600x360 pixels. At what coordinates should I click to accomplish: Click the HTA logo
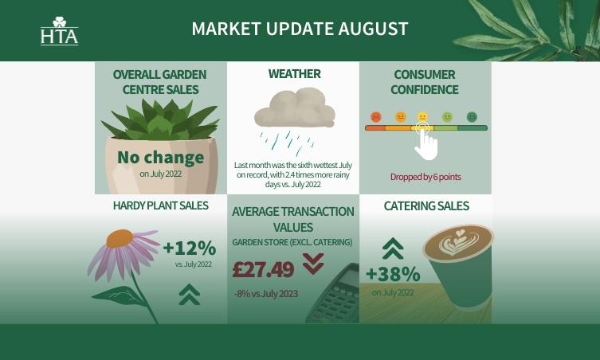(x=59, y=31)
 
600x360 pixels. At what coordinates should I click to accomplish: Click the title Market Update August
(x=300, y=29)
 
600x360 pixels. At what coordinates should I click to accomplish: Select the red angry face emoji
(x=376, y=116)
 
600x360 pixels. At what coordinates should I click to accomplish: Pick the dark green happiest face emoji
(x=472, y=116)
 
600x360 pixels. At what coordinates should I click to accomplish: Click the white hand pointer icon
(x=426, y=143)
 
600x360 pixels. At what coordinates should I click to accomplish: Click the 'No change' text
(x=160, y=157)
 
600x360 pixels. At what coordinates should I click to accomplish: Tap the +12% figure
(x=189, y=247)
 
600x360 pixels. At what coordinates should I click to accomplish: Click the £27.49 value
(x=263, y=269)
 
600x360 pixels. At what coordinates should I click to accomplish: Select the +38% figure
(x=392, y=274)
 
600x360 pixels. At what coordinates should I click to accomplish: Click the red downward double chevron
(x=313, y=263)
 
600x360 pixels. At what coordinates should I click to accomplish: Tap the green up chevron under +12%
(x=189, y=295)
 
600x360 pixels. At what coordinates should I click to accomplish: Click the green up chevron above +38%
(x=392, y=248)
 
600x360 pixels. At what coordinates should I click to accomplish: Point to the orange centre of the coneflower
(x=120, y=238)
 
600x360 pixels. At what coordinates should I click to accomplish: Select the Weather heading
(x=294, y=74)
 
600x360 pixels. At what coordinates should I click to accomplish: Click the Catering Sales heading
(x=426, y=206)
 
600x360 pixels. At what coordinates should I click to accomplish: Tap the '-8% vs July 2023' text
(x=266, y=294)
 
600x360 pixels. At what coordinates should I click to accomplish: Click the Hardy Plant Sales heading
(x=160, y=205)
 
